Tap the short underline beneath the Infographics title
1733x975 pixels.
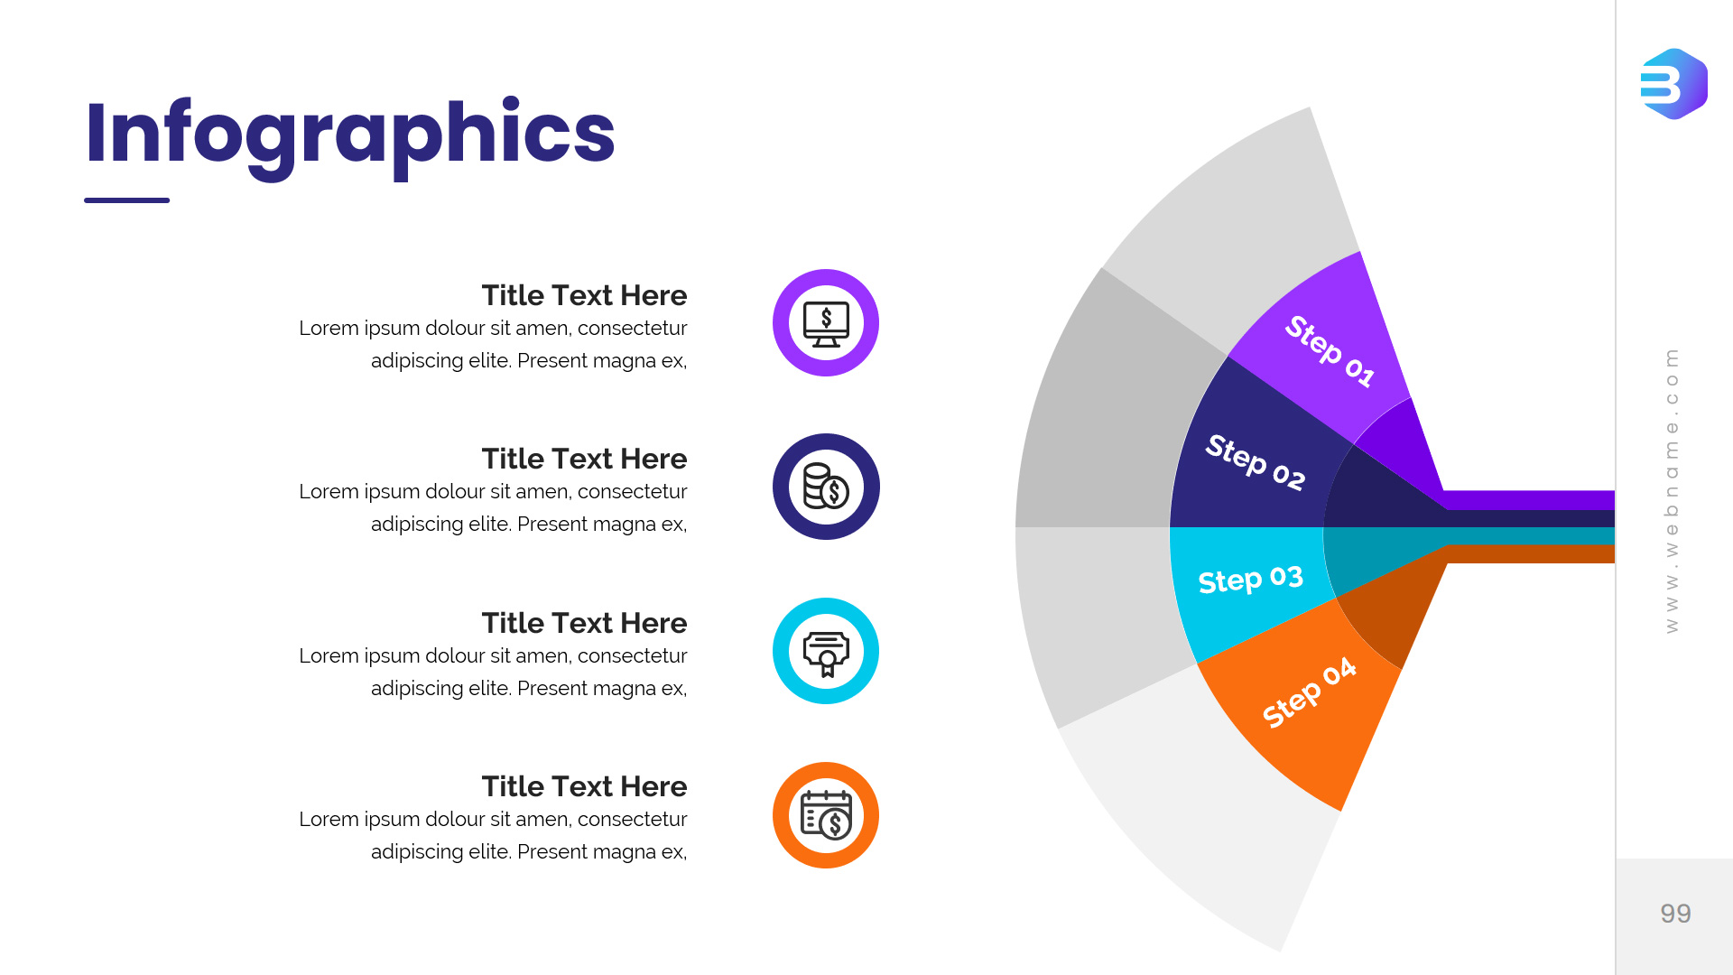pos(126,200)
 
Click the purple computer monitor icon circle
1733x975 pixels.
pos(826,322)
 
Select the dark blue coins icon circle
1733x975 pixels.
pos(826,487)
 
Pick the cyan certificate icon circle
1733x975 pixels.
pos(826,651)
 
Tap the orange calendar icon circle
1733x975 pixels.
pos(826,815)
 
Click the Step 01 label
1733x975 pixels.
pos(1330,351)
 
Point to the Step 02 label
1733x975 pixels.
pos(1256,462)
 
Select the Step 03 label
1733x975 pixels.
pos(1251,580)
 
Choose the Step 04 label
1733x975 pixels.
pos(1309,692)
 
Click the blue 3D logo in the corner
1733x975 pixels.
pos(1674,84)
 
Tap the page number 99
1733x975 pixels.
pos(1675,914)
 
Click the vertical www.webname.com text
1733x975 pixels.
pos(1672,491)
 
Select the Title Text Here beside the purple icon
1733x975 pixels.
pos(584,295)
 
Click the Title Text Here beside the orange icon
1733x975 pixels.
pos(584,786)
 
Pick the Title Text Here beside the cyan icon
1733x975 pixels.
pos(584,623)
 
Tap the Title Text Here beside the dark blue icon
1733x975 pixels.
pos(584,459)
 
